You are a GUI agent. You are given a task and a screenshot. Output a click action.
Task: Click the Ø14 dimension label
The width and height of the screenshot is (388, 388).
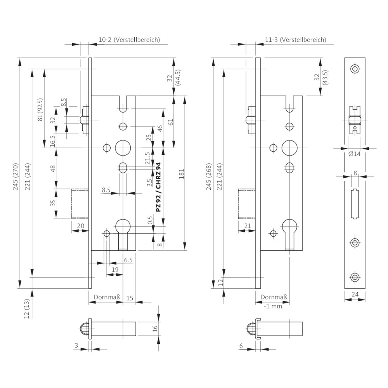point(354,154)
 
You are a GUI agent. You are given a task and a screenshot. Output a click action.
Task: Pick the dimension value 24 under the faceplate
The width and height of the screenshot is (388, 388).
point(355,294)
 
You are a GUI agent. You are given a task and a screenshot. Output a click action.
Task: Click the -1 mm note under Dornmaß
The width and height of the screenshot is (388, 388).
point(273,306)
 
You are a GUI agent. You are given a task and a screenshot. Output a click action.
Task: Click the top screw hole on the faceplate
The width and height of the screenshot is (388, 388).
point(355,69)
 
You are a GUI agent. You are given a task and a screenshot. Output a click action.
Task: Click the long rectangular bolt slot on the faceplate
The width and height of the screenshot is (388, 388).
point(355,204)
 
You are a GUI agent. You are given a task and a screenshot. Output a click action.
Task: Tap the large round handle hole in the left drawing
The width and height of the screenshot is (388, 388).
point(123,147)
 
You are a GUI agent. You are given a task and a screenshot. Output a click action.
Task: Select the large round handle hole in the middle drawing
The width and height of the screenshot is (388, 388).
point(289,147)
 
